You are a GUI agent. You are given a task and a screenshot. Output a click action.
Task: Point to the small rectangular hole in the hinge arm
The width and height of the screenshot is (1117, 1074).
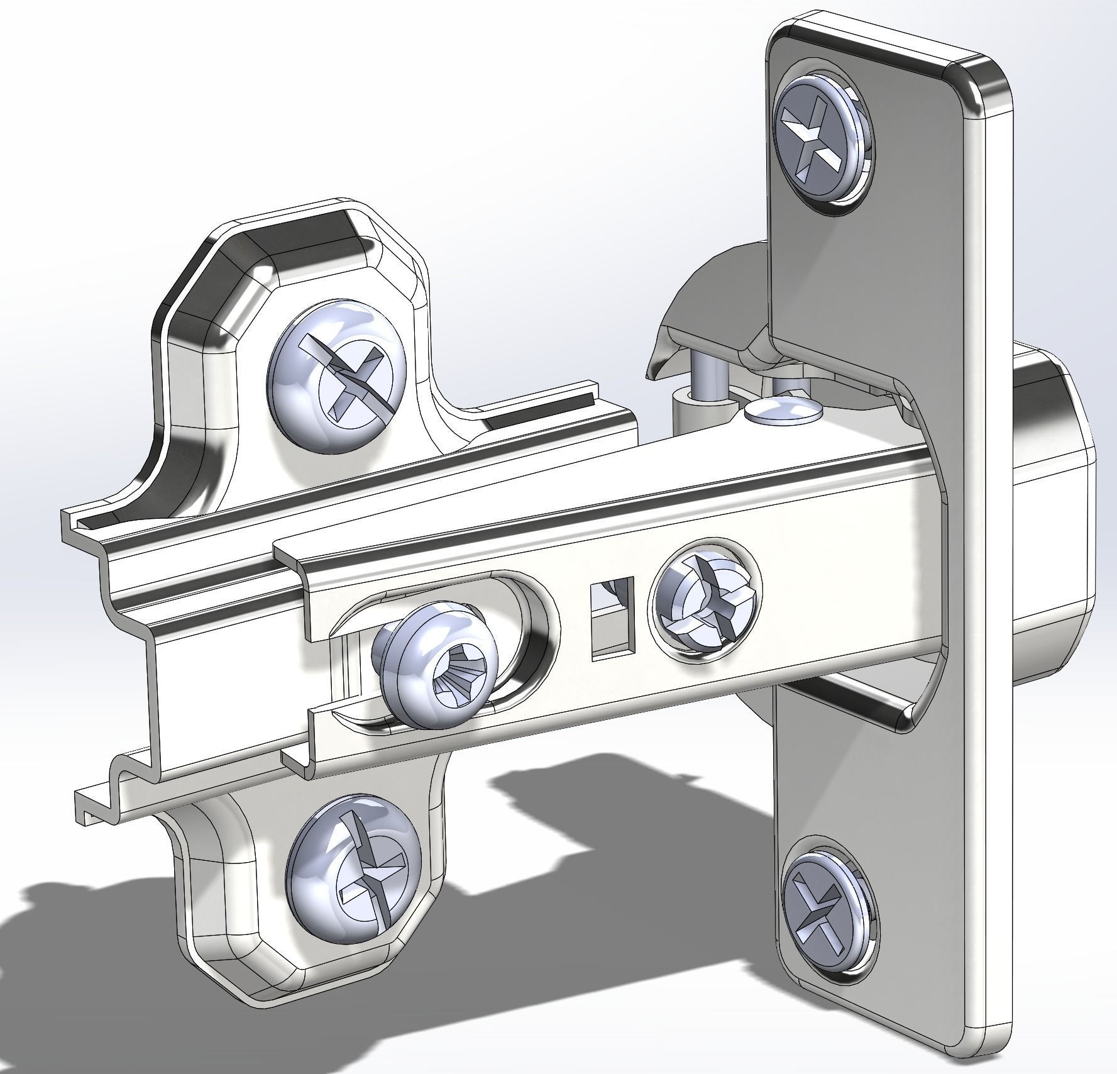click(x=610, y=619)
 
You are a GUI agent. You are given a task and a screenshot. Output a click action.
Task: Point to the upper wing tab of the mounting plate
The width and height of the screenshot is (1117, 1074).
click(x=283, y=252)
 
